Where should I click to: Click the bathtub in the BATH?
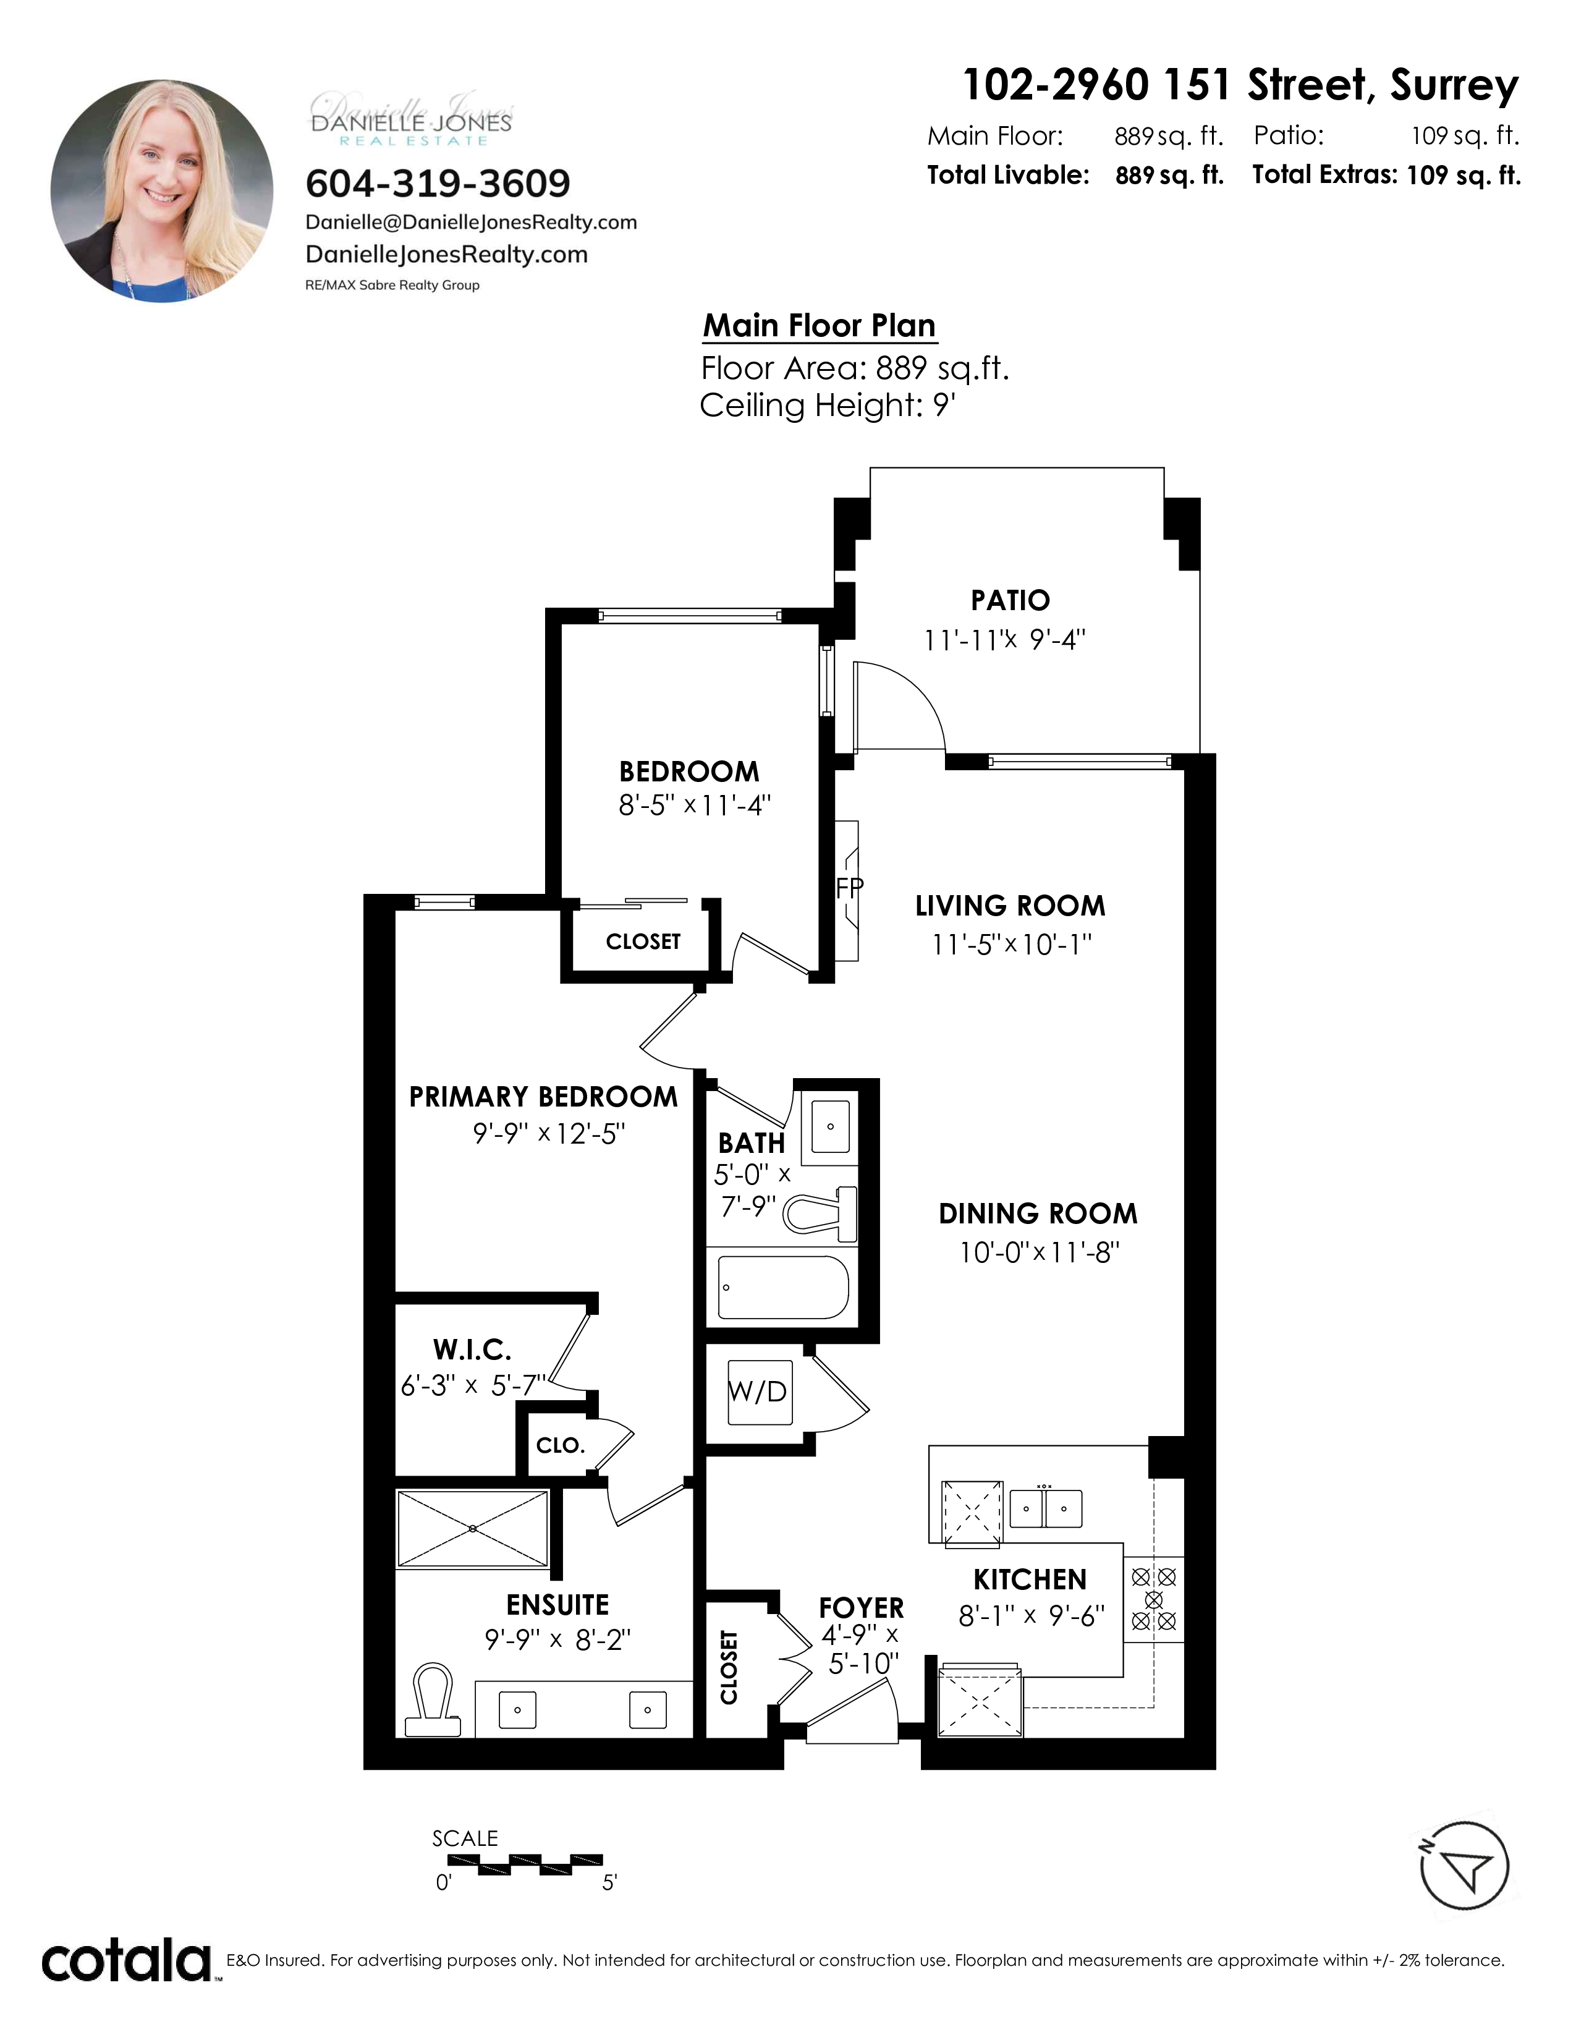click(x=783, y=1287)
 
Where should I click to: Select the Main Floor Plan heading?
click(x=819, y=325)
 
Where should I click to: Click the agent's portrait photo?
click(x=161, y=190)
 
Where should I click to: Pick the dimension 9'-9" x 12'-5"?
click(x=549, y=1133)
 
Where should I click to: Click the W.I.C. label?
click(x=472, y=1349)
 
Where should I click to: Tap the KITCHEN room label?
click(x=1030, y=1579)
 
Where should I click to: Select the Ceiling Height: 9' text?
click(x=827, y=406)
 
